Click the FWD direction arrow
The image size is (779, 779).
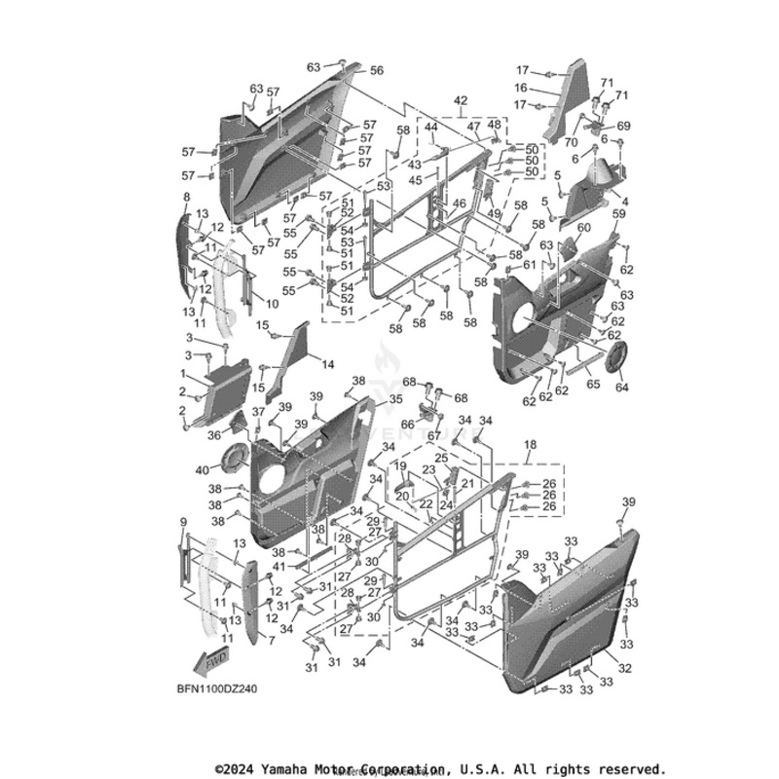(207, 660)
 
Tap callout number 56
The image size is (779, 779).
(376, 71)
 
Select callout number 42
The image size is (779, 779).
(460, 100)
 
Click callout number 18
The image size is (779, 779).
(531, 444)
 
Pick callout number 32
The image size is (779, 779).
(625, 668)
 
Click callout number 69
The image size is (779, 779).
(624, 126)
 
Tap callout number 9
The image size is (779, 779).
(182, 523)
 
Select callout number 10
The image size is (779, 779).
(273, 304)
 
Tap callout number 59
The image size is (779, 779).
(618, 212)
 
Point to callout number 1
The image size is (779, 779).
(182, 374)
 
